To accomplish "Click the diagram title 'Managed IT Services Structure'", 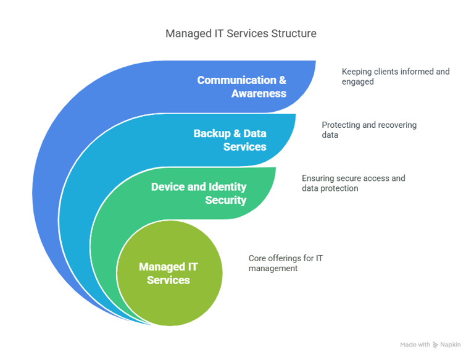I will click(241, 34).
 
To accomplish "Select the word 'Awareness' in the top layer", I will click(259, 94).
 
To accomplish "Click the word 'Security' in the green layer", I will click(227, 200).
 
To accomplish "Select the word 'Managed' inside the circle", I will click(163, 267).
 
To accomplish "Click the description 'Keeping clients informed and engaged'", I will click(396, 76).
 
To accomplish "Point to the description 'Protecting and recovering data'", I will click(369, 130).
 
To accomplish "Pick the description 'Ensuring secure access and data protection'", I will click(353, 183).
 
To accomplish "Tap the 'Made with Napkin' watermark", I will click(431, 345).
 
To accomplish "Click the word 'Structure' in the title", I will click(294, 34).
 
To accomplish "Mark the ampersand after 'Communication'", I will click(281, 80).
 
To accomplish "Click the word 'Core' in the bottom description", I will click(256, 257).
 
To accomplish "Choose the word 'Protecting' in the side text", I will click(339, 125).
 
